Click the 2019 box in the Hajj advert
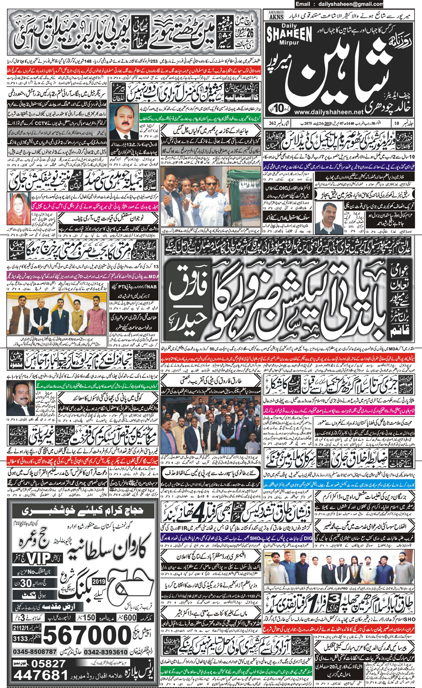coord(99,582)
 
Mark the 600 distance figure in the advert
coord(130,617)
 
